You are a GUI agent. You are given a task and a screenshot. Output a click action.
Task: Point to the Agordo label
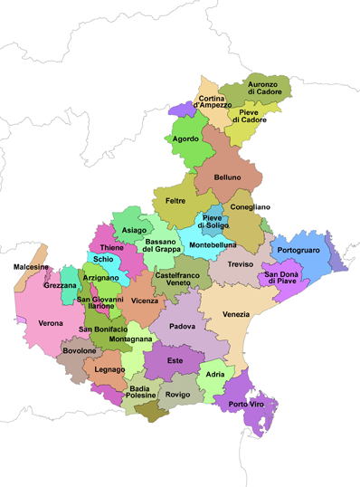pyautogui.click(x=186, y=139)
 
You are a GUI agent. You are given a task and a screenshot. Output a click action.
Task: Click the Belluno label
pyautogui.click(x=227, y=177)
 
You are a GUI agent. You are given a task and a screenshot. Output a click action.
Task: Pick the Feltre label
pyautogui.click(x=175, y=200)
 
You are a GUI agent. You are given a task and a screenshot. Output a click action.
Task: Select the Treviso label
pyautogui.click(x=241, y=264)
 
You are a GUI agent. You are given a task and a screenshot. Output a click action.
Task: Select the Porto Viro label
pyautogui.click(x=246, y=404)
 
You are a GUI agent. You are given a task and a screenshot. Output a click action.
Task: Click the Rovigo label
pyautogui.click(x=177, y=395)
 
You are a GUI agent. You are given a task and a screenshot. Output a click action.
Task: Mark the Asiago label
pyautogui.click(x=133, y=230)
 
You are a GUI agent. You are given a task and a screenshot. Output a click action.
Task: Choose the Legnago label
pyautogui.click(x=109, y=369)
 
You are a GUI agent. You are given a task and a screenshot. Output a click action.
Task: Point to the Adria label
pyautogui.click(x=214, y=374)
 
